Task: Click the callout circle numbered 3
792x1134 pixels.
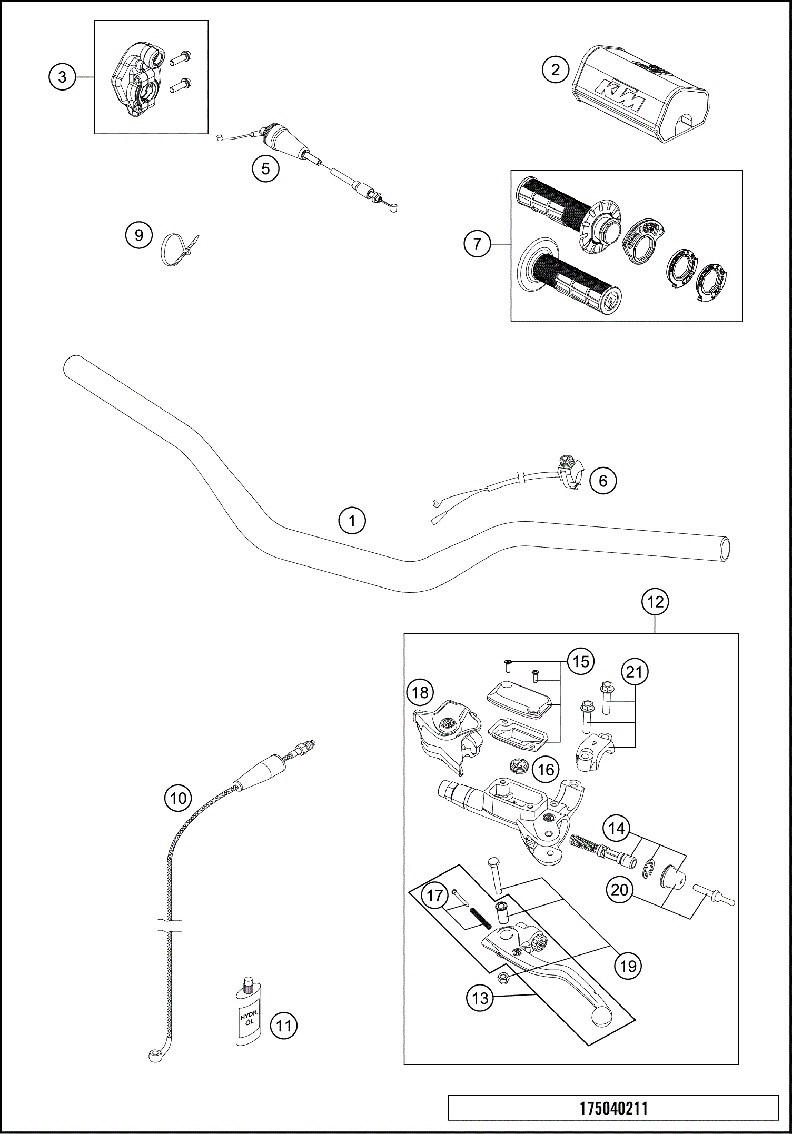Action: [62, 77]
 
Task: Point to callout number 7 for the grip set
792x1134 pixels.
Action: [477, 244]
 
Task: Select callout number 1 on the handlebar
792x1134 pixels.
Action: [352, 521]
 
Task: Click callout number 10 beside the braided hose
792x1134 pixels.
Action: [178, 799]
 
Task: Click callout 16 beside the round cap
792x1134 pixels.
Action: [546, 770]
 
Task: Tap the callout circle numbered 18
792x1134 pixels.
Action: [420, 692]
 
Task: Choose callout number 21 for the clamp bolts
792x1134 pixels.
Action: [635, 672]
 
